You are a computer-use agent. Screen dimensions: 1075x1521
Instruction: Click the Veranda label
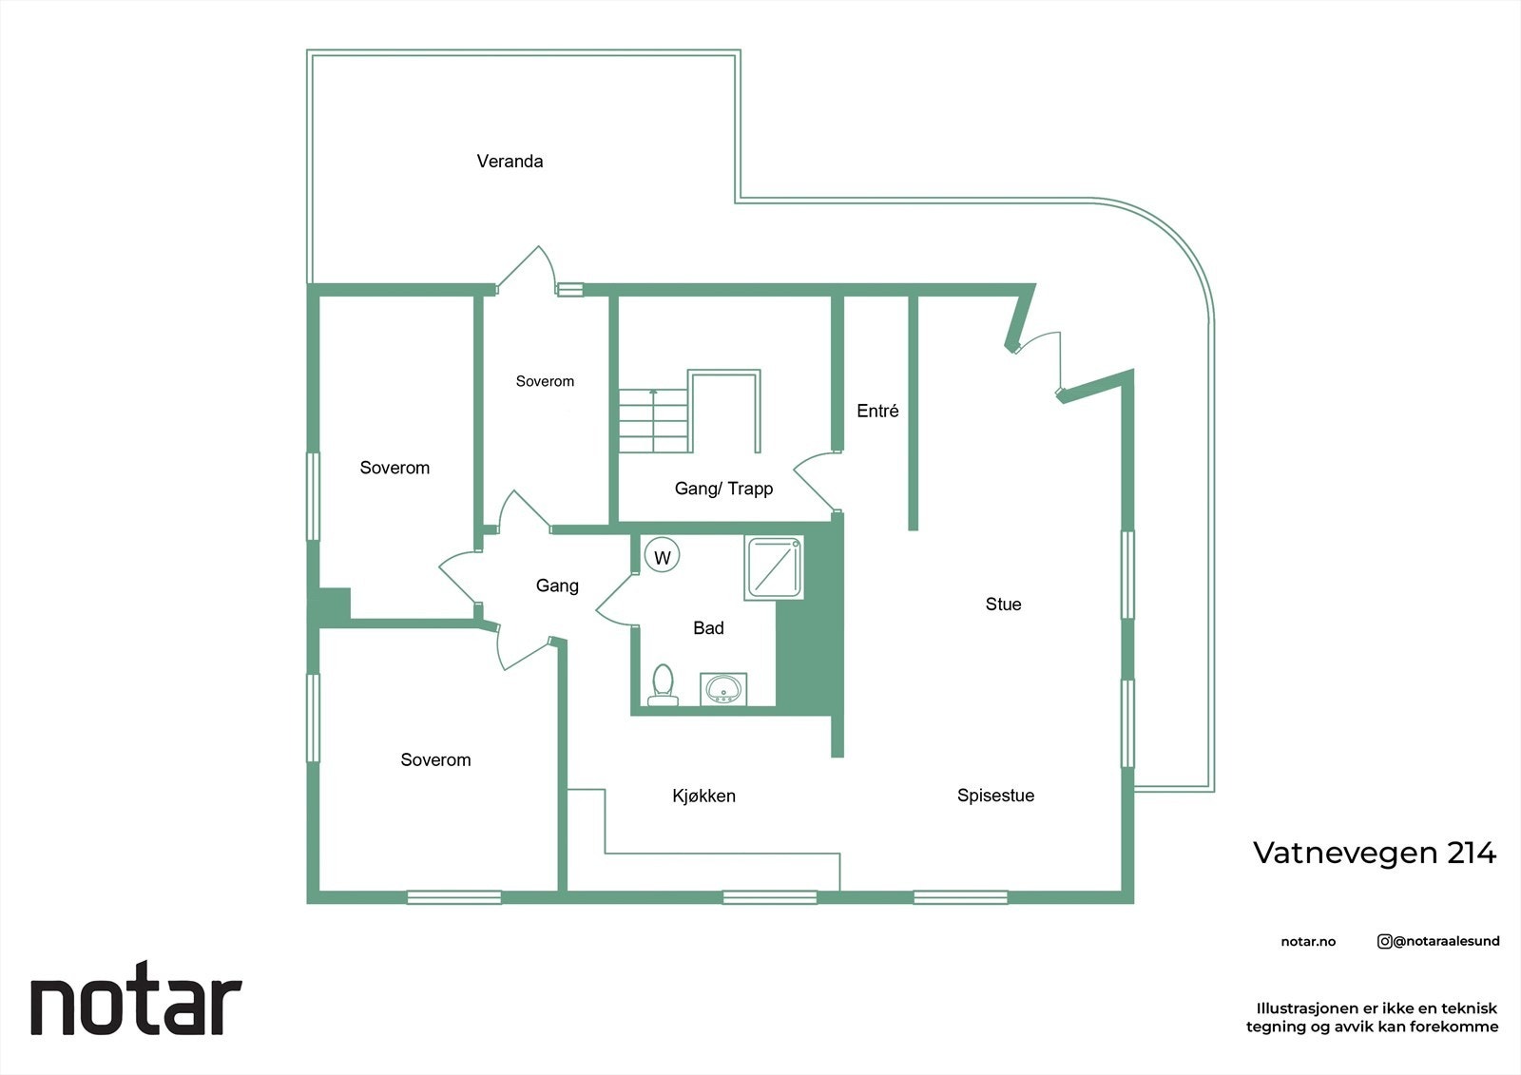pyautogui.click(x=510, y=162)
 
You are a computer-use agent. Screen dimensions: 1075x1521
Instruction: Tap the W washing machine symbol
pyautogui.click(x=663, y=558)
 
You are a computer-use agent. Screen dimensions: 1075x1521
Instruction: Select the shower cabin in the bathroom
pyautogui.click(x=775, y=567)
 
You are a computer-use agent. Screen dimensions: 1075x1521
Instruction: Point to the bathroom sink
pyautogui.click(x=724, y=688)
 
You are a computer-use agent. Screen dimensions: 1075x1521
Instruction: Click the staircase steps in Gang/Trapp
pyautogui.click(x=654, y=421)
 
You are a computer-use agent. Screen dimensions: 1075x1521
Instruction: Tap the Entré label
pyautogui.click(x=877, y=412)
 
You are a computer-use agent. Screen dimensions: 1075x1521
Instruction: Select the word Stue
pyautogui.click(x=1003, y=605)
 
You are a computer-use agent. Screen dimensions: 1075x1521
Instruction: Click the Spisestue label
pyautogui.click(x=995, y=796)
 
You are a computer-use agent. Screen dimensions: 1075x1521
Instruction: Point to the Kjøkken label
pyautogui.click(x=703, y=797)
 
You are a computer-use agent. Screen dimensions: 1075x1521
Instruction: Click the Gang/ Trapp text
pyautogui.click(x=723, y=489)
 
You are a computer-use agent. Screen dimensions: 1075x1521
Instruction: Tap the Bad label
pyautogui.click(x=708, y=628)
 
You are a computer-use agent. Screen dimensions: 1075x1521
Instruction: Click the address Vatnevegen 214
pyautogui.click(x=1374, y=853)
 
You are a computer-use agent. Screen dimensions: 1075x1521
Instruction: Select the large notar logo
pyautogui.click(x=136, y=1004)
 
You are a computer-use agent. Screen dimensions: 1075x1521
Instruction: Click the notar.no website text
pyautogui.click(x=1308, y=942)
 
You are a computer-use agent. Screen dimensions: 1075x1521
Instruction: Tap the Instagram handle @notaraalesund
pyautogui.click(x=1438, y=941)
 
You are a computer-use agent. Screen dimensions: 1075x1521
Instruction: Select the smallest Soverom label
pyautogui.click(x=545, y=382)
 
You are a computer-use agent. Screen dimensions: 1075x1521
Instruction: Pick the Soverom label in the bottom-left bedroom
pyautogui.click(x=435, y=760)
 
